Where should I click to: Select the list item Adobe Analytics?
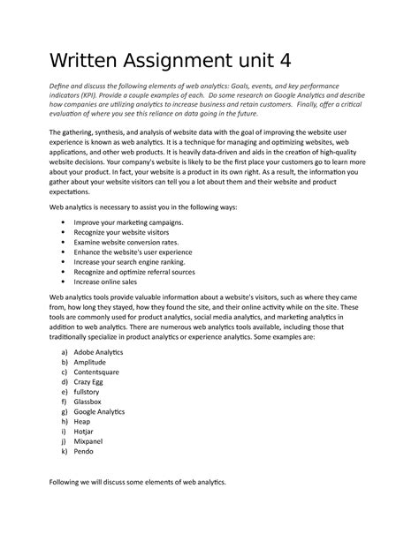[x=98, y=351]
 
